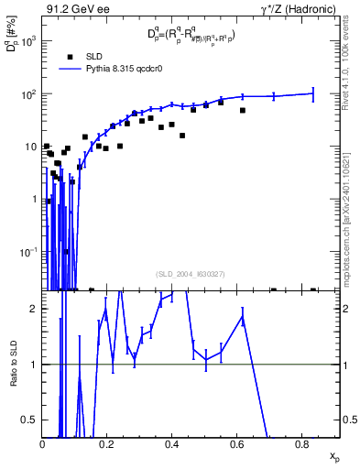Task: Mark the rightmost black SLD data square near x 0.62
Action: click(x=243, y=111)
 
